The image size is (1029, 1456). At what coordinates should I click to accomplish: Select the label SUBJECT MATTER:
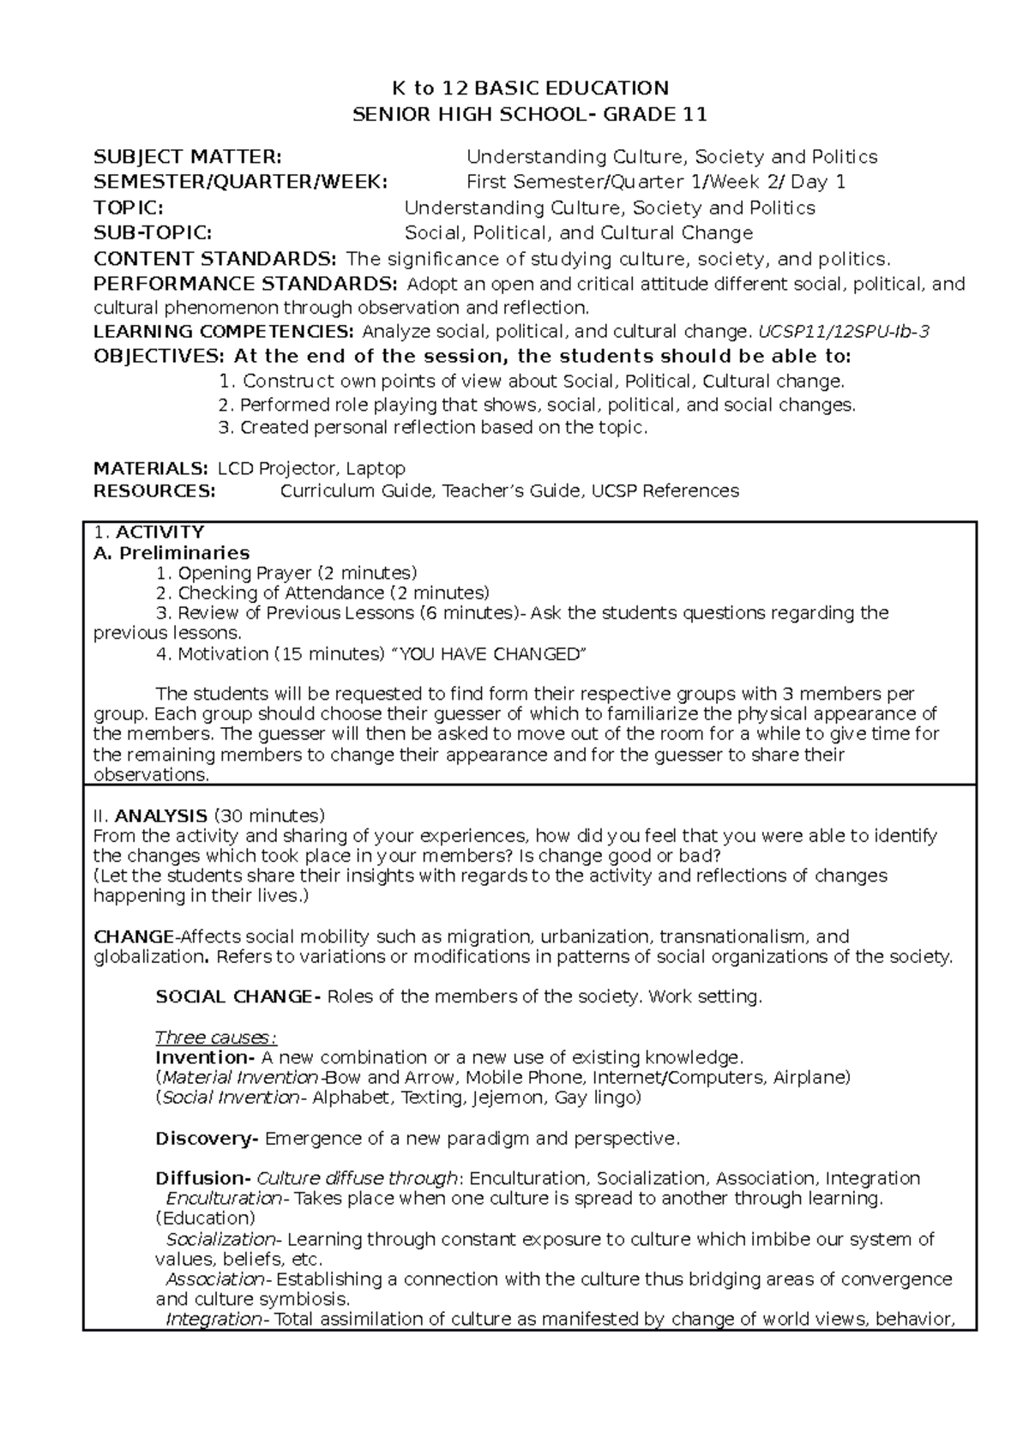(186, 156)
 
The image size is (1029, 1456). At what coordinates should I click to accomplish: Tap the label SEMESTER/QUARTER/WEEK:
(240, 182)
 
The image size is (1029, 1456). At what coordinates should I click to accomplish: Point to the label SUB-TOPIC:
(151, 232)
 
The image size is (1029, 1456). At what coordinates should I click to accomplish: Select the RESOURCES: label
(154, 490)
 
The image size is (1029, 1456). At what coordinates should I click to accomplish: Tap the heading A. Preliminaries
(171, 552)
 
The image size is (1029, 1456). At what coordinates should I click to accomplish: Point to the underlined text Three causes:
(216, 1037)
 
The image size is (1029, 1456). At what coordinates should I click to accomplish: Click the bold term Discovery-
(207, 1138)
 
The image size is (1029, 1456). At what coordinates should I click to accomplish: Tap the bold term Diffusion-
(203, 1177)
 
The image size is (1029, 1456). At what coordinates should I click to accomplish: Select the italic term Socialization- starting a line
(223, 1238)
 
